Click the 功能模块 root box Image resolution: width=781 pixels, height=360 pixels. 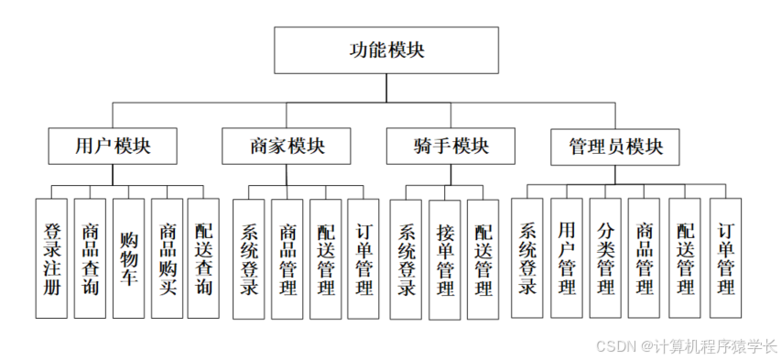click(386, 50)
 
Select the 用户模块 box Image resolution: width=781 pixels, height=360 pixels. click(113, 146)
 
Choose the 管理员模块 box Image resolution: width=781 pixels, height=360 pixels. click(614, 147)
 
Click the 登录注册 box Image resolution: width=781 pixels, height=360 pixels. click(51, 258)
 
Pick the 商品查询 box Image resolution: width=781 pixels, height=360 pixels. click(90, 258)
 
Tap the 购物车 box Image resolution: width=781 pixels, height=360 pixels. click(128, 258)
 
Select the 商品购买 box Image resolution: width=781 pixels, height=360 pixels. click(168, 258)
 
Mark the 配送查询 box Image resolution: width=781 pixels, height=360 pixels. click(203, 258)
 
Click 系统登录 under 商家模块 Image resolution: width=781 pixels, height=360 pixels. click(248, 259)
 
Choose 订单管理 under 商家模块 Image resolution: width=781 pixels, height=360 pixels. click(363, 259)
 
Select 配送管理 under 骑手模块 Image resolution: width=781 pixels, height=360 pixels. click(483, 259)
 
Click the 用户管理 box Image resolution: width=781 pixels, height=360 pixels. click(567, 258)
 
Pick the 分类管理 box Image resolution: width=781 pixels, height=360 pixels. click(605, 258)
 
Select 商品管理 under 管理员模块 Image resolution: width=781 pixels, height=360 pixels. click(645, 258)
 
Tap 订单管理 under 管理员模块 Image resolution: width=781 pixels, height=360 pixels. click(724, 258)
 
